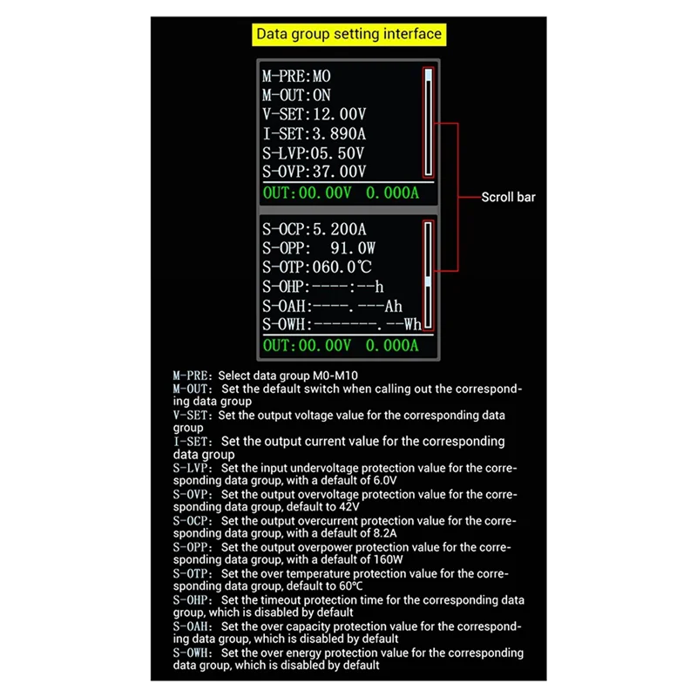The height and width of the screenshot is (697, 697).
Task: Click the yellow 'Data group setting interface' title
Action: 348,35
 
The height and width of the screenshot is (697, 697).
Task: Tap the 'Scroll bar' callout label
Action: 509,197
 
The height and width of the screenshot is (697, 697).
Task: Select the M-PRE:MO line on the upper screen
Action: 297,77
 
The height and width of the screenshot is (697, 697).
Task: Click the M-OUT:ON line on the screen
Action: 297,96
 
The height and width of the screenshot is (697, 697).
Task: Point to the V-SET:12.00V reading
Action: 315,114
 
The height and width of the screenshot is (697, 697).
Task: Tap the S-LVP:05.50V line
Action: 315,152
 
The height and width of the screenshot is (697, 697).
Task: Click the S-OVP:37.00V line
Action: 315,171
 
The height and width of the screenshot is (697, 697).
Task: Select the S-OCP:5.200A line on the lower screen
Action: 315,230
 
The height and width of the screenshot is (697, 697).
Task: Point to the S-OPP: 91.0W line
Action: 319,248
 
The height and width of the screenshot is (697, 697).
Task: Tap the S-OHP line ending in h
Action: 323,287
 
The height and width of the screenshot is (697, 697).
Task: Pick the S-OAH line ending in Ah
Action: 332,306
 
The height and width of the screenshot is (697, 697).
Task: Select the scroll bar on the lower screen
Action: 427,276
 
